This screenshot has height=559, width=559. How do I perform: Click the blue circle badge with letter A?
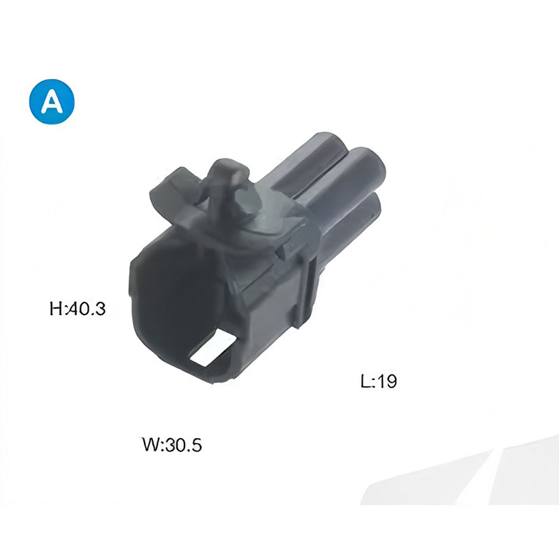(x=52, y=101)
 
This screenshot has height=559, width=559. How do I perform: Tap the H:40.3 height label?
(x=78, y=308)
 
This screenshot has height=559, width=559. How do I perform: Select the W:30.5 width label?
(x=172, y=444)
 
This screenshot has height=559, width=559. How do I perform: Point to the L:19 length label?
(x=379, y=381)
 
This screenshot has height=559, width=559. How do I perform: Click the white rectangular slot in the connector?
(x=213, y=348)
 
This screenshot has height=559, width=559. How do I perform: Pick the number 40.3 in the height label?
(x=86, y=308)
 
